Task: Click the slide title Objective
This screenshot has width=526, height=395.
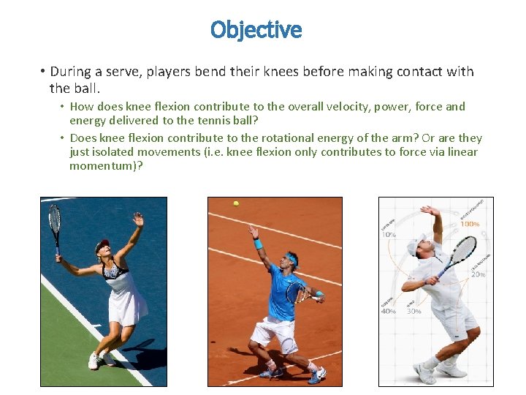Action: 256,30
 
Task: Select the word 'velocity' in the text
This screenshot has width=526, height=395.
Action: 340,107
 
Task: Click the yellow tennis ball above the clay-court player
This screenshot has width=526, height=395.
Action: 236,203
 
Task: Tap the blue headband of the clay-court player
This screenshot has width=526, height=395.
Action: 291,257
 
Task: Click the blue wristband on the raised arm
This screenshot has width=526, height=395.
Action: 257,243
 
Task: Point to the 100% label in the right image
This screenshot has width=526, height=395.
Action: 470,224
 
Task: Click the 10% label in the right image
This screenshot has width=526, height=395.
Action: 389,235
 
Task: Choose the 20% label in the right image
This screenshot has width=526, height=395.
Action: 479,274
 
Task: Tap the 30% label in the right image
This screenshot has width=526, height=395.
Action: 413,311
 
